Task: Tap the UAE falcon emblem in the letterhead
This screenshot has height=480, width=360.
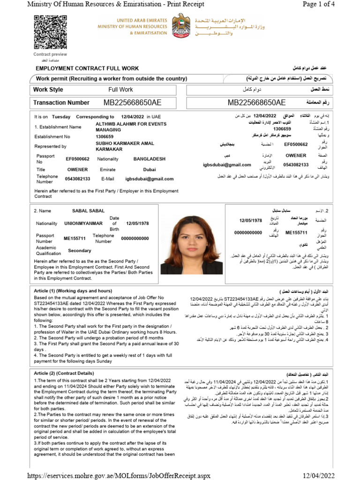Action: (181, 26)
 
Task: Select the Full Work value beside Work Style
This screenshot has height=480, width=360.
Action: (120, 90)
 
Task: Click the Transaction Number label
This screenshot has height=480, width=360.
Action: (61, 103)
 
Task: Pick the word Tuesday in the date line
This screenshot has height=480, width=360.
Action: (61, 117)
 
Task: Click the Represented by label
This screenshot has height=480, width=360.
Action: (50, 146)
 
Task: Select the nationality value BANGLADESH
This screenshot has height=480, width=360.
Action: (149, 159)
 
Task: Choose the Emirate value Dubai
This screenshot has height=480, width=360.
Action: (150, 169)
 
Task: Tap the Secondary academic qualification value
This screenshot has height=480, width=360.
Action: (80, 251)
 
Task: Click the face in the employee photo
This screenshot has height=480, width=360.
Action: (193, 236)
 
